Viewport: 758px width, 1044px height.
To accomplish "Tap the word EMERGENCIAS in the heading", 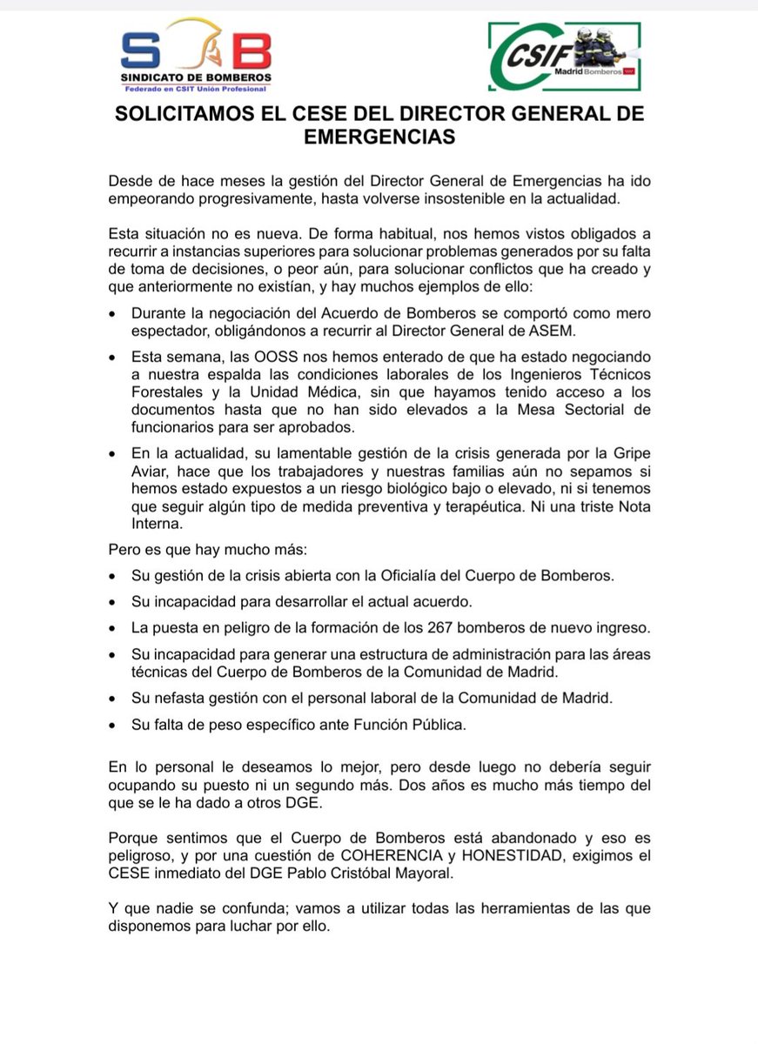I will coord(379,137).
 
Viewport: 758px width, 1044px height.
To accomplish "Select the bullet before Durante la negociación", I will coord(113,312).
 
